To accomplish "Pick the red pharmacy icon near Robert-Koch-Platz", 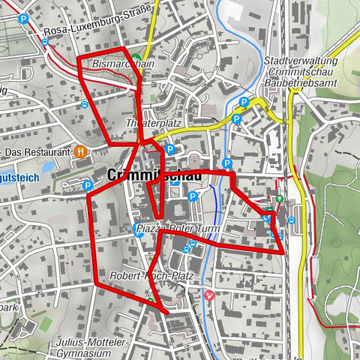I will (x=209, y=295).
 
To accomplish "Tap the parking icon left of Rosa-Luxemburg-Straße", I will (x=25, y=20).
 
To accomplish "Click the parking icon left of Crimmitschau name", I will (x=87, y=185).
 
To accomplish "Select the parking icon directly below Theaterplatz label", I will (x=169, y=149).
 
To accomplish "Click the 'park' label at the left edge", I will (x=9, y=308).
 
